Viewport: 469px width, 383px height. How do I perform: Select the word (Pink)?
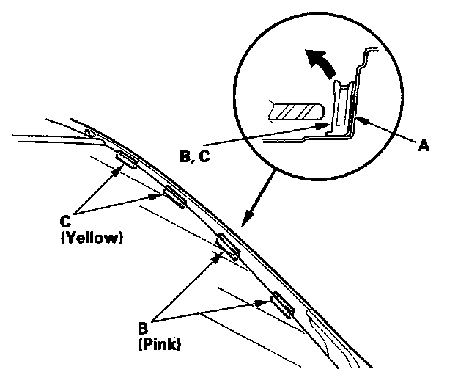(160, 342)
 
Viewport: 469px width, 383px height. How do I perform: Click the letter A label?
(423, 147)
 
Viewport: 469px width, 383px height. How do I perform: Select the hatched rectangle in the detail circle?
(296, 111)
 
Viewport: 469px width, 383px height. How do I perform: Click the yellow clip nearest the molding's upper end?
(126, 160)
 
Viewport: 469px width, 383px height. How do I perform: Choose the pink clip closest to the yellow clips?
(229, 247)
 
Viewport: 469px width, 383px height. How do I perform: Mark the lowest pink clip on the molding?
(282, 303)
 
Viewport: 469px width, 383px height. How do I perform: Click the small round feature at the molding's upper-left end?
(89, 133)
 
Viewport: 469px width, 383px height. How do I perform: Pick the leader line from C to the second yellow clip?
(121, 205)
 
